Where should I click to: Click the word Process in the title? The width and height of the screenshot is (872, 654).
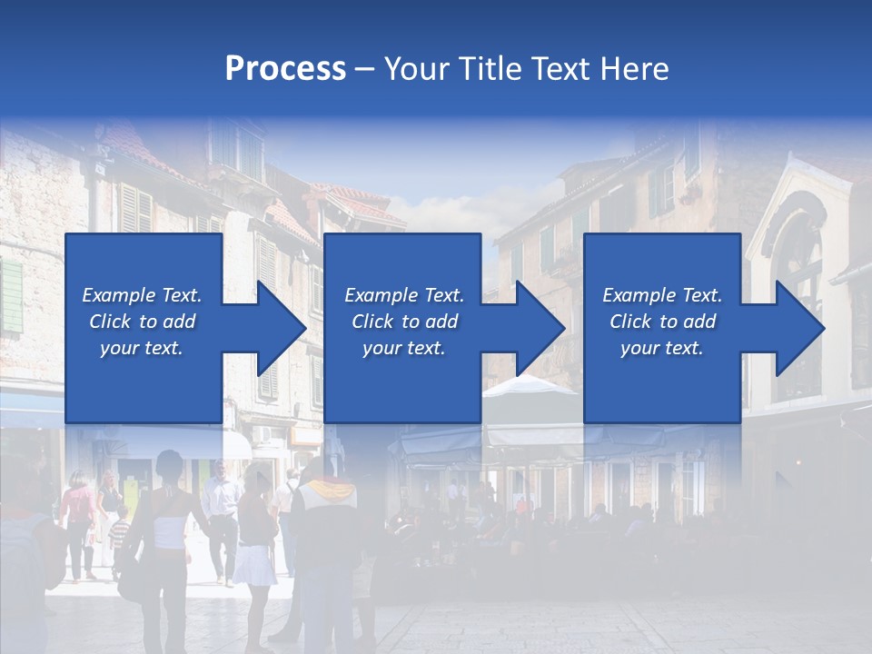(x=285, y=69)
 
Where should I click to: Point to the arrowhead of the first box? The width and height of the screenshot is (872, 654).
(x=282, y=328)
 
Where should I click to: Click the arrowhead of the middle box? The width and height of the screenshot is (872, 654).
(x=540, y=328)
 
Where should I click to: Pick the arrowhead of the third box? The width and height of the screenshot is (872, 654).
(x=800, y=328)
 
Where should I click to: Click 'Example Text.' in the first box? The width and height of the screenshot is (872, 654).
(x=142, y=295)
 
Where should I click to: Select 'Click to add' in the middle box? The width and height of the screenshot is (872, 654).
(x=404, y=322)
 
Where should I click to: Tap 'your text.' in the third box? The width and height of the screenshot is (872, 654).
(x=661, y=348)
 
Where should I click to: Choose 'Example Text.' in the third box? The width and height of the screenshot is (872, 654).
(x=661, y=295)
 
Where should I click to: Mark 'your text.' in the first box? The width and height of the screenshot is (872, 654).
(x=142, y=348)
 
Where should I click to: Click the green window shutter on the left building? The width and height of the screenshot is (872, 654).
(x=11, y=295)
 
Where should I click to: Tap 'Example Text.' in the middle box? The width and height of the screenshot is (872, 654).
(x=404, y=295)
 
